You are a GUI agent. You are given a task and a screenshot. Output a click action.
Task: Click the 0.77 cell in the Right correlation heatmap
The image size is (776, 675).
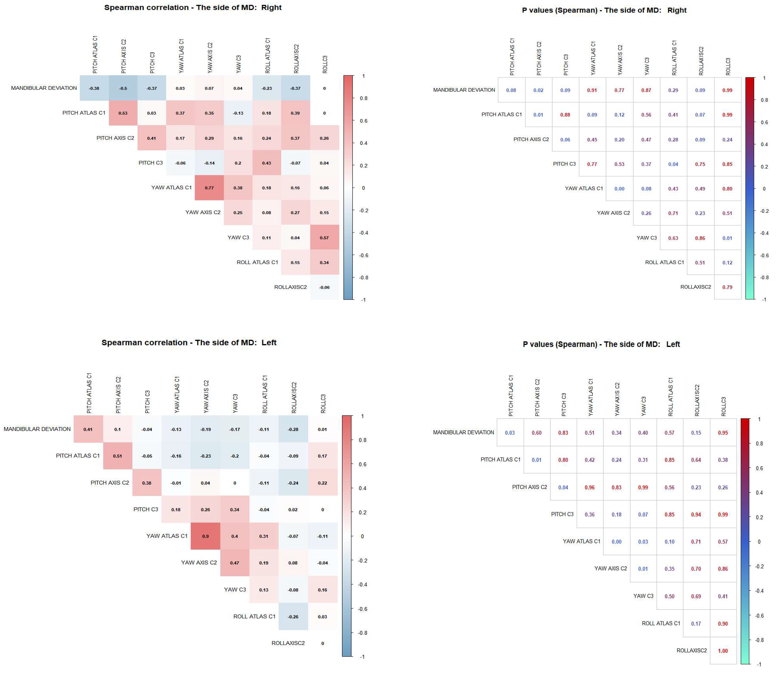tap(209, 187)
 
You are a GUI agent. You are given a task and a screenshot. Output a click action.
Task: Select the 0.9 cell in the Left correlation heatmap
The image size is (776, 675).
tap(205, 536)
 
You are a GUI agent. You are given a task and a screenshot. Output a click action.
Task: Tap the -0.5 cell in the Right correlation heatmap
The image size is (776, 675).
tap(123, 88)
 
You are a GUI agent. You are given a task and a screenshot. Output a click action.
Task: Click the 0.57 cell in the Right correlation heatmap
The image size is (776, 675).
tap(324, 238)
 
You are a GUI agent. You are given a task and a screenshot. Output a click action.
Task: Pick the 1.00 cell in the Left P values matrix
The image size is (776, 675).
tap(723, 651)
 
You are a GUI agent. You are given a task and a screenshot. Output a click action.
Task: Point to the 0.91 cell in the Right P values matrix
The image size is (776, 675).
tap(592, 90)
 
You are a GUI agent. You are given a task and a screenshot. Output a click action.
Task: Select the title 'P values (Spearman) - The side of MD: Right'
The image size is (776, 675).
tap(604, 10)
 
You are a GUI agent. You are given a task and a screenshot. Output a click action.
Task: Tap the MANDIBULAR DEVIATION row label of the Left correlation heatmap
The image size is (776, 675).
tap(37, 429)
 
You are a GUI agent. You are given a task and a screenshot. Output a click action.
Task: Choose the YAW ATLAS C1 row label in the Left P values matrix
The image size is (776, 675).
tap(581, 541)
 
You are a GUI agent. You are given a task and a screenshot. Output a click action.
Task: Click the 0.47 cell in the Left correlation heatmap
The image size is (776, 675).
tap(234, 563)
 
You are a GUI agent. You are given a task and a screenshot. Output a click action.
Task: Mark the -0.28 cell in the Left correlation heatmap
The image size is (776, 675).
tap(293, 429)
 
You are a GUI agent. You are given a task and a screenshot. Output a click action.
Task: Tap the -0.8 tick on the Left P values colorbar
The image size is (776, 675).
tap(759, 640)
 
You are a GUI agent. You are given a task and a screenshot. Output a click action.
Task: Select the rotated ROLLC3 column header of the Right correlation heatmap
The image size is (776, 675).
tap(325, 64)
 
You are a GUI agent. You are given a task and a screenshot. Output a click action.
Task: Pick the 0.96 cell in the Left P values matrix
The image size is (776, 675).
tap(589, 487)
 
